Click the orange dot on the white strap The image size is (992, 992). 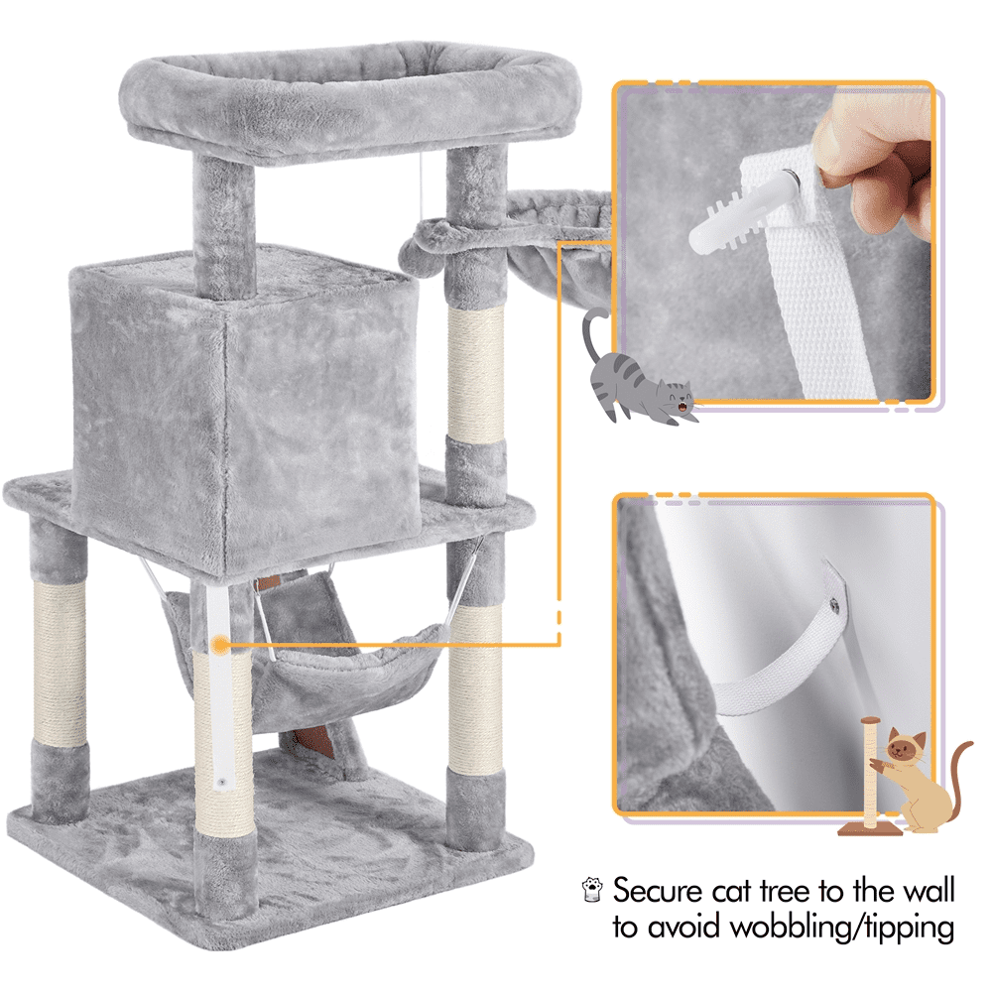point(219,645)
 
